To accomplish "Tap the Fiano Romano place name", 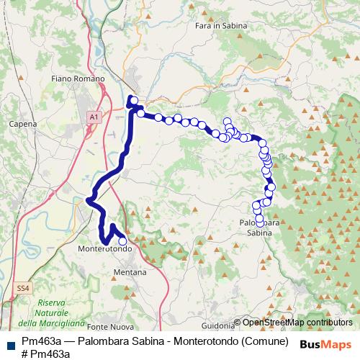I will [78, 78].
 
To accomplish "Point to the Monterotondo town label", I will [104, 248].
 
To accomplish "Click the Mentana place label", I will [130, 273].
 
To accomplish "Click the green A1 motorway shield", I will [94, 117].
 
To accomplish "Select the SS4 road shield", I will [23, 288].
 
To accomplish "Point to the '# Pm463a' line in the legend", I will [45, 353].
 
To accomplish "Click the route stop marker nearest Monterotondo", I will [122, 242].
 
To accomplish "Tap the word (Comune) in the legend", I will [264, 341].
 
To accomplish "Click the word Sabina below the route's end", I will [259, 233].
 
